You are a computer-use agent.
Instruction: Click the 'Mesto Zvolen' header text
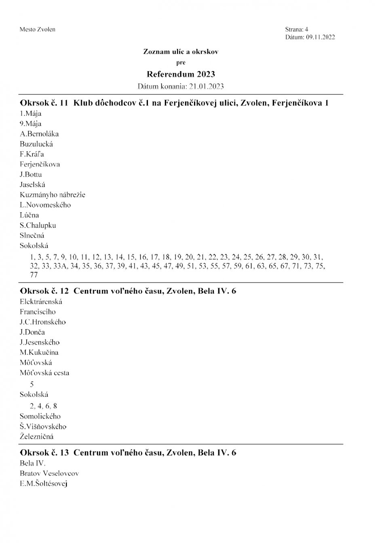click(x=37, y=30)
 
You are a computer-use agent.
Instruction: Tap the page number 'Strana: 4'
click(x=296, y=30)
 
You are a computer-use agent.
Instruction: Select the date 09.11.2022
click(x=320, y=37)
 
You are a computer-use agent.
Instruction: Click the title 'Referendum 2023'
click(x=181, y=74)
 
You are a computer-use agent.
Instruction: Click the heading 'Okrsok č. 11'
click(x=44, y=103)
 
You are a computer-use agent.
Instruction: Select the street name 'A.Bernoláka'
click(x=39, y=134)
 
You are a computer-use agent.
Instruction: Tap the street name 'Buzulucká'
click(x=36, y=144)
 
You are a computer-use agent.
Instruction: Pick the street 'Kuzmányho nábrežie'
click(x=53, y=194)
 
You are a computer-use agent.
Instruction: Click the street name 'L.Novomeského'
click(x=45, y=205)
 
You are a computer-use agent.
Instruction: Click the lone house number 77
click(x=34, y=275)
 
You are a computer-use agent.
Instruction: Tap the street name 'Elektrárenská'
click(x=41, y=302)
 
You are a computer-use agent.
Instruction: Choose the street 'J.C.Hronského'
click(x=43, y=322)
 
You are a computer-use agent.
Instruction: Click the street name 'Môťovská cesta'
click(x=44, y=373)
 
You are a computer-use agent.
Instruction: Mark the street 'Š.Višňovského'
click(x=43, y=427)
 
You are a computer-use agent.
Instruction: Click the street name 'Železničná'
click(x=37, y=437)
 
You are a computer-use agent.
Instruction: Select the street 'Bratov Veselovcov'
click(x=49, y=473)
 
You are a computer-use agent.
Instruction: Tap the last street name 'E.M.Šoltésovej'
click(x=43, y=484)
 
